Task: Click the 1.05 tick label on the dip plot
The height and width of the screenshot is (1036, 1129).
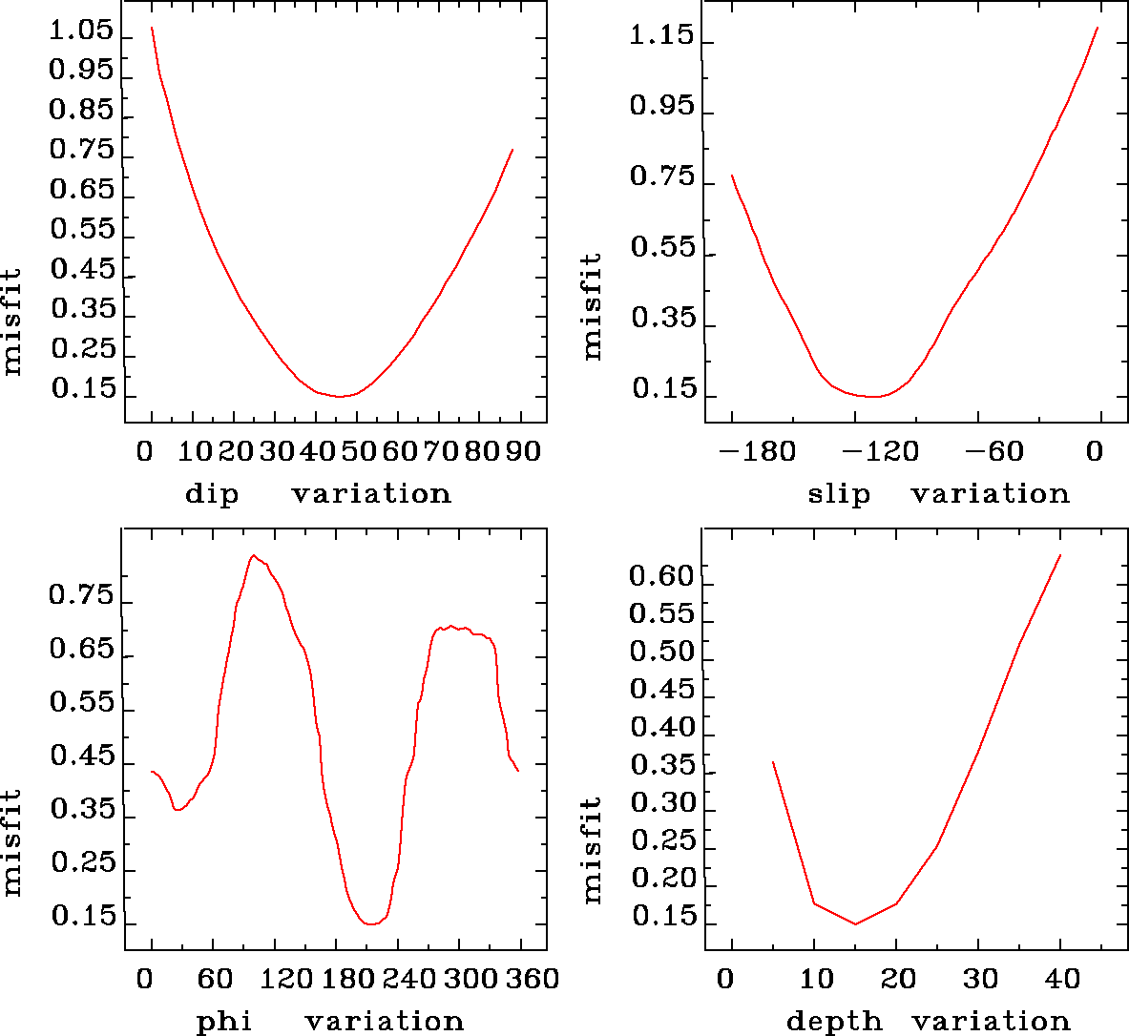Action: point(80,31)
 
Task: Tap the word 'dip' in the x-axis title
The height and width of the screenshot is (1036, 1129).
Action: point(212,494)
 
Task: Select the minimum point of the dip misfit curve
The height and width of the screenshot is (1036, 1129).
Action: point(340,396)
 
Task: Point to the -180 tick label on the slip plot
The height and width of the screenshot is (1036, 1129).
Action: point(758,450)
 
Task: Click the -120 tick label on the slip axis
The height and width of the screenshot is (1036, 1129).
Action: point(880,450)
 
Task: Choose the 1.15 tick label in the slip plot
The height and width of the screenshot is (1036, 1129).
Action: point(661,36)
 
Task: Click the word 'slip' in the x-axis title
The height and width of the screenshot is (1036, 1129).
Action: point(839,494)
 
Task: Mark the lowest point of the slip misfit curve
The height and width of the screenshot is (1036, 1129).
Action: point(873,396)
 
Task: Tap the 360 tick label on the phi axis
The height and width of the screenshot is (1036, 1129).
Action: point(522,979)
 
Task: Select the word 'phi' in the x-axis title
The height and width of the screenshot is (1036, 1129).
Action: point(224,1022)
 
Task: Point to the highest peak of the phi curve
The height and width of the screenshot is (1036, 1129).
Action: point(253,555)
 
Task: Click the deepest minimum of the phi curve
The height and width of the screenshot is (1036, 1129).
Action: point(371,923)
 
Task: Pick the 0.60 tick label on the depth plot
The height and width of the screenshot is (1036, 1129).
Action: point(660,575)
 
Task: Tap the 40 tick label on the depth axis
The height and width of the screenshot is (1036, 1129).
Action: point(1061,979)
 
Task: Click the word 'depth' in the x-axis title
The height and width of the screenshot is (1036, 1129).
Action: point(834,1022)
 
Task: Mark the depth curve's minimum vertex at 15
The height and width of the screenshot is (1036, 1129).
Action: point(855,923)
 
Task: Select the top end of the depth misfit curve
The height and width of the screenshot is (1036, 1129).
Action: point(1060,554)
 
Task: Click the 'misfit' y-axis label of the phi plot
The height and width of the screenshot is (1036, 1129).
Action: point(11,841)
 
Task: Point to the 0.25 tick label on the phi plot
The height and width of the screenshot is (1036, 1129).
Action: point(82,863)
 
